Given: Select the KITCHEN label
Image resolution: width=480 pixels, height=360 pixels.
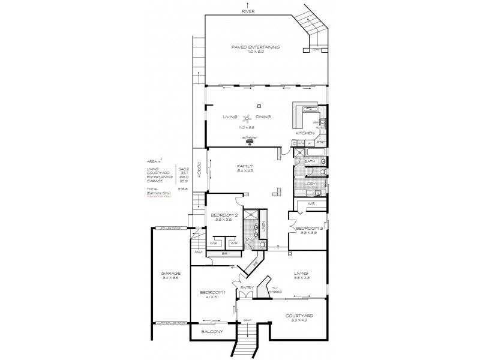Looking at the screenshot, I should pyautogui.click(x=305, y=133).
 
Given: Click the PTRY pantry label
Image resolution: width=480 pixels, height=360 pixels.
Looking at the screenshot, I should pyautogui.click(x=320, y=143).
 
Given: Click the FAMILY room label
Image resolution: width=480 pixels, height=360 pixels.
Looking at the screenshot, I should pyautogui.click(x=245, y=166).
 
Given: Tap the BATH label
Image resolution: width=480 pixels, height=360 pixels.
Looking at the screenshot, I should pyautogui.click(x=310, y=162).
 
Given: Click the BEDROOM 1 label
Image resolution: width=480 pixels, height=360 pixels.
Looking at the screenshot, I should pyautogui.click(x=211, y=292).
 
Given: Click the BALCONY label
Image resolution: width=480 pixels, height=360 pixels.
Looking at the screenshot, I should pyautogui.click(x=212, y=332).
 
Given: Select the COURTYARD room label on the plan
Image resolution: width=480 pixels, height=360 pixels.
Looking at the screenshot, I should pyautogui.click(x=299, y=316).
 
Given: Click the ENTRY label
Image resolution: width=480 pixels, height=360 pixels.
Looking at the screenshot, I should pyautogui.click(x=247, y=288).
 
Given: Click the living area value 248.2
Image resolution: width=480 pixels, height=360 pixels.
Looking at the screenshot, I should pyautogui.click(x=184, y=169).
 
